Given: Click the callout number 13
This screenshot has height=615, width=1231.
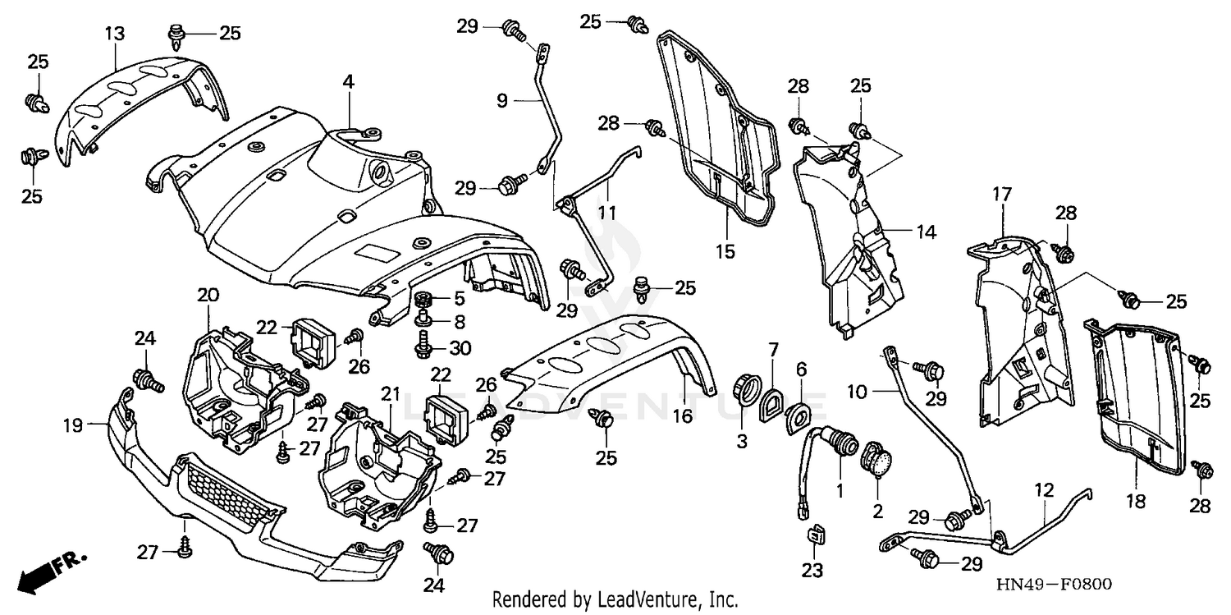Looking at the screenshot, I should coord(114,34).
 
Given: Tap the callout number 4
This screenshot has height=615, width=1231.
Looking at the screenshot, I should coord(348,81).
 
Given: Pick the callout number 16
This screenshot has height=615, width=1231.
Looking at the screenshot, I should coord(683,417).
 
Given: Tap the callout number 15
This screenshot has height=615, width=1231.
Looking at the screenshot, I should coord(725,251).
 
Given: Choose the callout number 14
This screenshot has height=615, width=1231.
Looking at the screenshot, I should coord(925,232).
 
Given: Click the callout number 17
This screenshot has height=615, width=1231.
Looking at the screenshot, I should coord(1000,195).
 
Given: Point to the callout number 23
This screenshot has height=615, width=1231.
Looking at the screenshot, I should coord(812,570).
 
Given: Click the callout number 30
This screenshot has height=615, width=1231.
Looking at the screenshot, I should coord(460,348).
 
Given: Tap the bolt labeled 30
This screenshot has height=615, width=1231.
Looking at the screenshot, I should coord(425,346).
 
